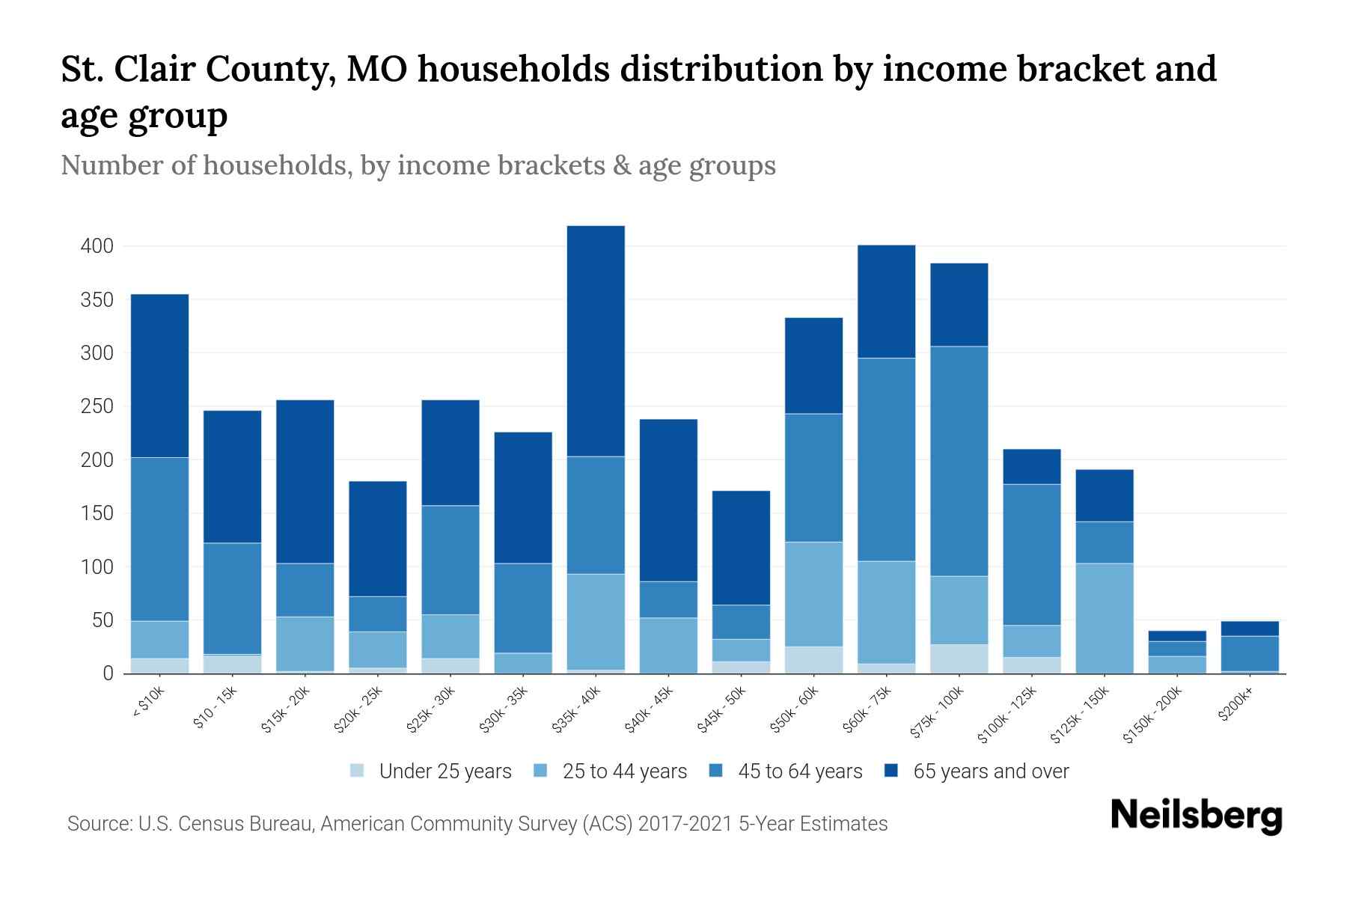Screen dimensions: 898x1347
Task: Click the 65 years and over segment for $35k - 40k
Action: [596, 340]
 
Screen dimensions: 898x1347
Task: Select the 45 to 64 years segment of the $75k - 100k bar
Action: [959, 461]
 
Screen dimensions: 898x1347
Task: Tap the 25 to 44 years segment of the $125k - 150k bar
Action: [1104, 618]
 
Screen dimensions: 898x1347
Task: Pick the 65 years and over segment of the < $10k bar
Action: [159, 376]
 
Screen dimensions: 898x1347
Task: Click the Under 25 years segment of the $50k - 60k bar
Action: [813, 660]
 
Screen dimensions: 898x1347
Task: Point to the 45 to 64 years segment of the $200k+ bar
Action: [1249, 653]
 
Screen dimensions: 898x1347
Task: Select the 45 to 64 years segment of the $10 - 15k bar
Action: [232, 599]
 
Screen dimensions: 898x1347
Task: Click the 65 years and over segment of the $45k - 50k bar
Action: [741, 548]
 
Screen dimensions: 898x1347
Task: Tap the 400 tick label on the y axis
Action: [97, 246]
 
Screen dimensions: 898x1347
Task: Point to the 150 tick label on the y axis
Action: [97, 513]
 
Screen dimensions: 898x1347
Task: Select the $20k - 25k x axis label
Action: [358, 710]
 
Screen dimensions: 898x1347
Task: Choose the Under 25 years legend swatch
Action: [358, 771]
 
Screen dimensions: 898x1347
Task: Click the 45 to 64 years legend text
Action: [800, 771]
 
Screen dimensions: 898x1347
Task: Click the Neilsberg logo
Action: [1196, 816]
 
